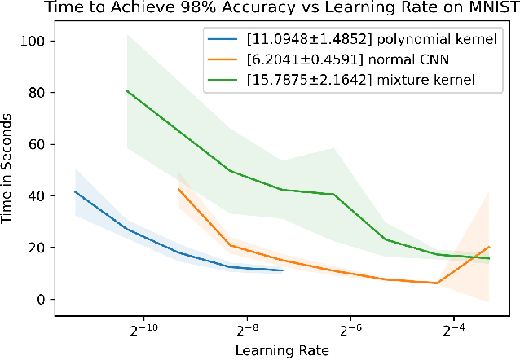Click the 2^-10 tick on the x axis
tap(143, 331)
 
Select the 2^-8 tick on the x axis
tap(246, 331)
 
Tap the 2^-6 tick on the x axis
tap(350, 331)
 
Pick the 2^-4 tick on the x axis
tap(453, 331)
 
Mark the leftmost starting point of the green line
tap(126, 90)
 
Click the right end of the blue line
tap(283, 270)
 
